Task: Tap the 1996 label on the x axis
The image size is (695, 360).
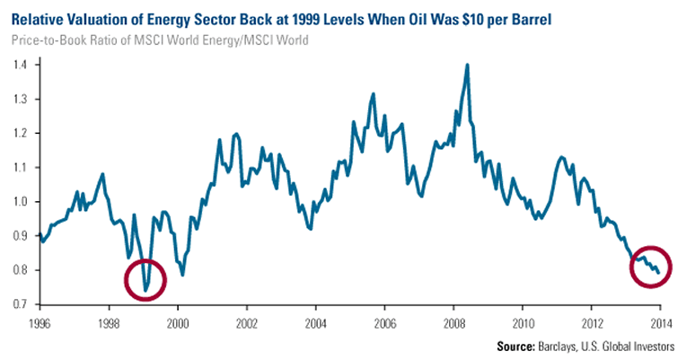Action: (39, 320)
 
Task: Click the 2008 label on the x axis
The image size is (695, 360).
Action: (453, 320)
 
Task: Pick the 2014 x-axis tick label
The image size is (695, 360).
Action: (660, 320)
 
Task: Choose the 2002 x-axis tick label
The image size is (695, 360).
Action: (246, 320)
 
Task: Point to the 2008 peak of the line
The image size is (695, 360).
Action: (468, 65)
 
